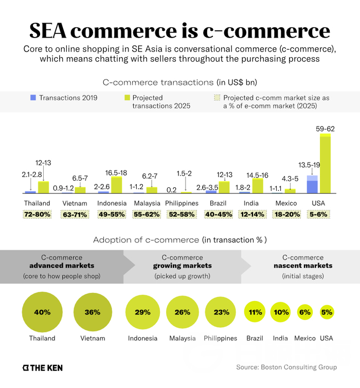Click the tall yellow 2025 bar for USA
(325, 163)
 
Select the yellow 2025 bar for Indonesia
(117, 185)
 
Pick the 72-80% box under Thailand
(37, 214)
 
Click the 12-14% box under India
(253, 214)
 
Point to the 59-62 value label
(326, 128)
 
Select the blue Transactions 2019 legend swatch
(33, 97)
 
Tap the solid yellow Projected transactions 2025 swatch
(127, 97)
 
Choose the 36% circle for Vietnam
(93, 312)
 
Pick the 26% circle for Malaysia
(182, 312)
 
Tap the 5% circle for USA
(327, 312)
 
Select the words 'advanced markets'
(61, 266)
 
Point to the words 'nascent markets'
(303, 266)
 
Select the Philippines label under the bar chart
(182, 203)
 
